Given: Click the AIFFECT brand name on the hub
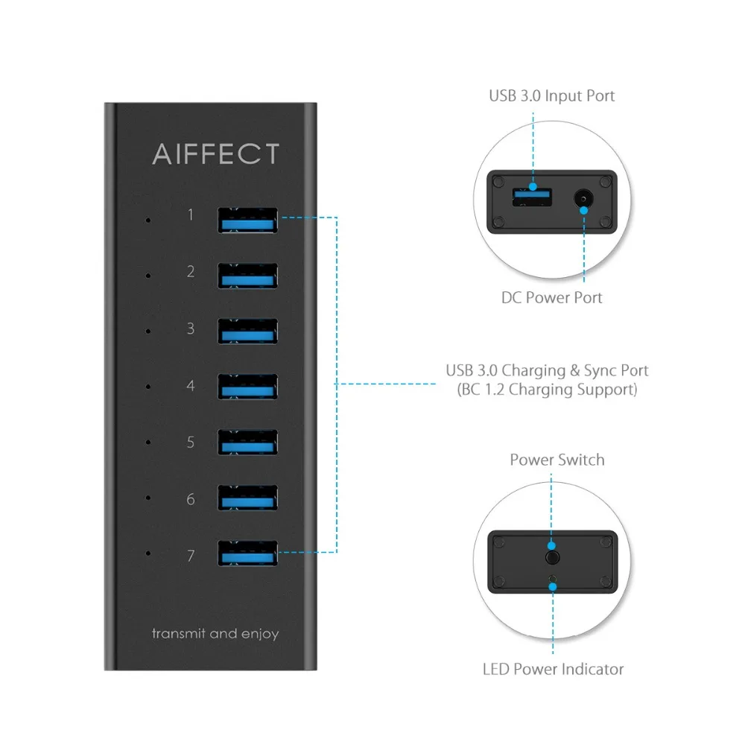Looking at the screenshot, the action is [215, 153].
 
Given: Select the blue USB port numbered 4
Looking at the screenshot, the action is [248, 387].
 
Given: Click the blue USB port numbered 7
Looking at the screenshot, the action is [248, 554].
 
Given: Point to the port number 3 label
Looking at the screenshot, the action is [191, 329].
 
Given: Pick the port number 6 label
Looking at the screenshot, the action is [191, 499].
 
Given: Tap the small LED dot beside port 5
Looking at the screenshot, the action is [149, 443].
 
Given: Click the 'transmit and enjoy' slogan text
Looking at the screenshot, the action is [215, 634].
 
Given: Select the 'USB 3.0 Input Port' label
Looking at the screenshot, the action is [551, 95].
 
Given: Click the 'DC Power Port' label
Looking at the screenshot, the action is [551, 298].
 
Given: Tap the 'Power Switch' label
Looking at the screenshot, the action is [557, 459].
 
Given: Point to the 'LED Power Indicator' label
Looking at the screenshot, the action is [552, 669].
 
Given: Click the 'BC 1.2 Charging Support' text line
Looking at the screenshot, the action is [547, 390].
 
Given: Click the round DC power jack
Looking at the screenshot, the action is [583, 199].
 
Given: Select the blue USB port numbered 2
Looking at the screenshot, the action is [248, 276].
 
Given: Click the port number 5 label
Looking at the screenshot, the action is [191, 443].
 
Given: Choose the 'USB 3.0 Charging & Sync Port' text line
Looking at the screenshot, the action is [547, 370].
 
